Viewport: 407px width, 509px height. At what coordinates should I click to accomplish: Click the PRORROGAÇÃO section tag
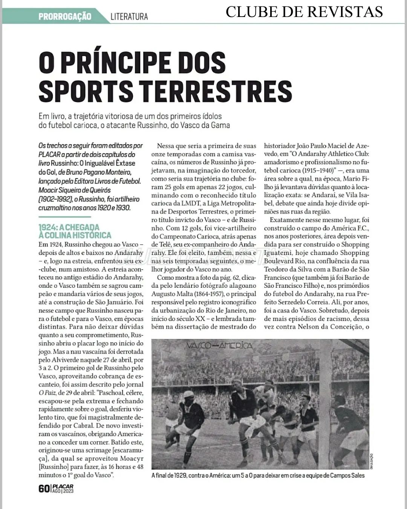click(64, 17)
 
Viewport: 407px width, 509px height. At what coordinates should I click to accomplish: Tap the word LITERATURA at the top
click(129, 17)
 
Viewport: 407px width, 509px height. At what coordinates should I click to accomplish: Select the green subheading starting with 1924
click(75, 231)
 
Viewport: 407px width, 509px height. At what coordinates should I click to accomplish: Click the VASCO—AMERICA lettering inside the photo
click(219, 345)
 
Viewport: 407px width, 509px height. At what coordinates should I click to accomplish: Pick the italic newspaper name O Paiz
click(46, 393)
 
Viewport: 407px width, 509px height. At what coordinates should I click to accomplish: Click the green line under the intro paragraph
click(65, 217)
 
